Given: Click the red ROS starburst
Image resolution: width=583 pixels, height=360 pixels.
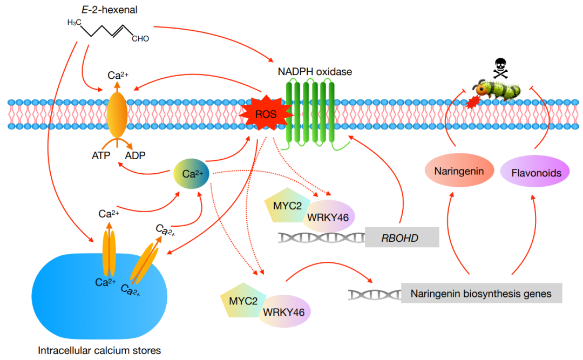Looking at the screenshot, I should click(266, 114).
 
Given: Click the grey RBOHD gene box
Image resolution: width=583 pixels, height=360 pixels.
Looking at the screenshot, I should click(402, 237).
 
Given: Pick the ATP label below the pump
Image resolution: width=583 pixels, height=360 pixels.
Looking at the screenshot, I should click(101, 155).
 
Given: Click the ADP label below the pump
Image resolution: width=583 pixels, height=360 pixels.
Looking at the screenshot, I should click(135, 155).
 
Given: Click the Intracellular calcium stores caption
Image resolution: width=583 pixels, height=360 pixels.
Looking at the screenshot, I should click(99, 350).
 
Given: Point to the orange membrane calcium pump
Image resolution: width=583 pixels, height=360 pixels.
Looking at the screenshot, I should click(118, 113).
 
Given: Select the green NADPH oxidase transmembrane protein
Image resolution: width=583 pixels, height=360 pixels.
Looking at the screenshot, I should click(314, 112).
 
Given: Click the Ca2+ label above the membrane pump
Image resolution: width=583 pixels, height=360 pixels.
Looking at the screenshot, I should click(118, 75).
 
